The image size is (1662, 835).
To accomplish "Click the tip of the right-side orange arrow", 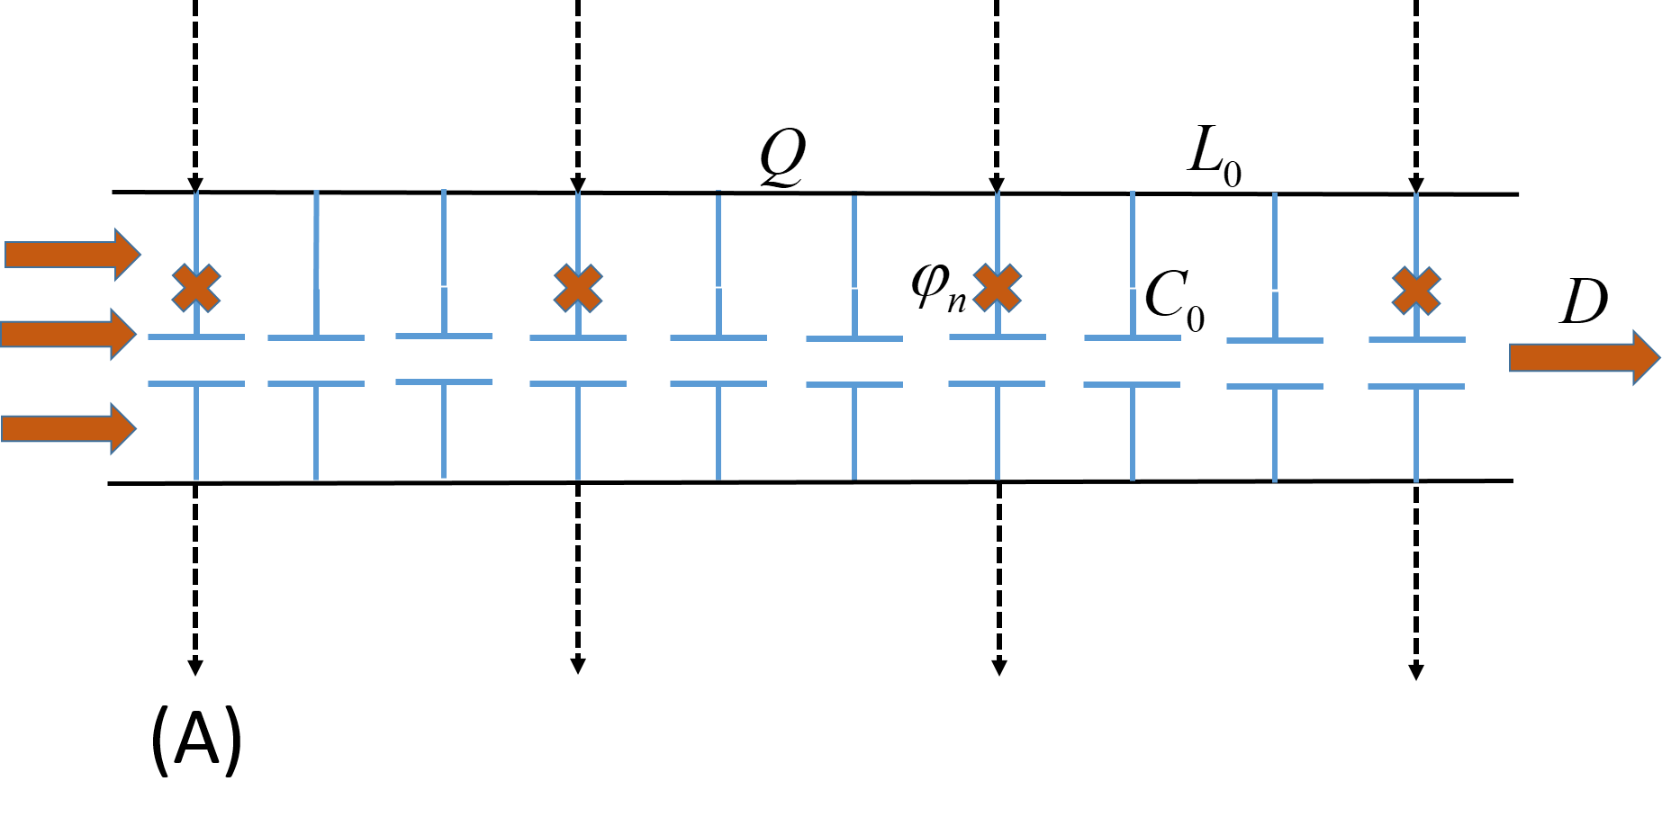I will pos(1657,357).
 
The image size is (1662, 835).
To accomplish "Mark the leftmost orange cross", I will pos(196,288).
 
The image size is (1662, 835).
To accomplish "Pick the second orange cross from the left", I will pos(578,288).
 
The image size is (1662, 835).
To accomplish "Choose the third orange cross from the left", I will pos(998,288).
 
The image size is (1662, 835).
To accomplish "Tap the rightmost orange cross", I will pos(1416,291).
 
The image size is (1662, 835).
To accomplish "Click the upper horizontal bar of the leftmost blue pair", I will pos(196,337).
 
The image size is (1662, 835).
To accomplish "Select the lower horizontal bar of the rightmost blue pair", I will pos(1416,386).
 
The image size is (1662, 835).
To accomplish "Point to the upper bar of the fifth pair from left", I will pos(718,338).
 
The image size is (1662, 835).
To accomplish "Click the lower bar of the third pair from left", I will pos(444,382).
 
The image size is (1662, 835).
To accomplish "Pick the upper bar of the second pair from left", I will pos(316,338).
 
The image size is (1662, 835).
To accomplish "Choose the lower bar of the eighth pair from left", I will pos(1132,385).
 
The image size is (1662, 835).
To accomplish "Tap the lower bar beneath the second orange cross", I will pos(578,384).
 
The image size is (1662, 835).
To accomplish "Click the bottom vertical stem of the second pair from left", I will pos(316,433).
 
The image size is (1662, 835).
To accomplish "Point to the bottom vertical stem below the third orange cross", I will pos(998,433).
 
